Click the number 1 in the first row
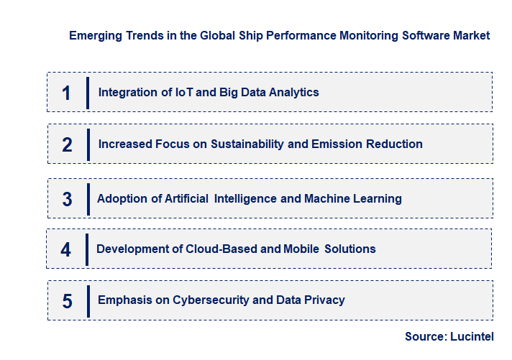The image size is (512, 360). (x=66, y=93)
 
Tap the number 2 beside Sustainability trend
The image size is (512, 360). (x=67, y=144)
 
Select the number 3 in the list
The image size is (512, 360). (x=67, y=199)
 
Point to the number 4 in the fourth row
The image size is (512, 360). (x=66, y=249)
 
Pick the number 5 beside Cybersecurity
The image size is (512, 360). (x=67, y=301)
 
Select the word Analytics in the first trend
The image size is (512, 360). (x=287, y=92)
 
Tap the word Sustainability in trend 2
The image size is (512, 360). (x=247, y=144)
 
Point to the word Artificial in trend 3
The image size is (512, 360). (x=186, y=198)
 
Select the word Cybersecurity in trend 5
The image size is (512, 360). (x=210, y=300)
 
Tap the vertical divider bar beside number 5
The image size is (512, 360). (x=88, y=300)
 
